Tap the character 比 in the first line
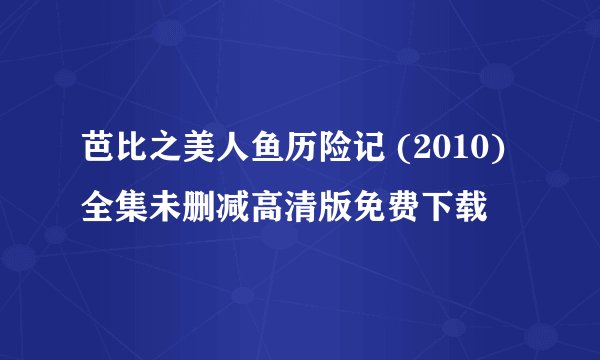point(129,156)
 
